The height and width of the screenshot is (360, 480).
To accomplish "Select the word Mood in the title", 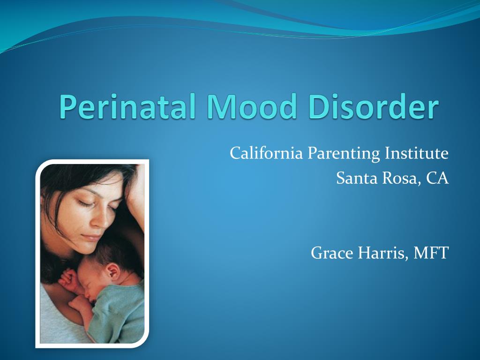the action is [252, 106].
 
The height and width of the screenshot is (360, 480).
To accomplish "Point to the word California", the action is [266, 153].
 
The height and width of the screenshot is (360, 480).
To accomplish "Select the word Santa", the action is [357, 178].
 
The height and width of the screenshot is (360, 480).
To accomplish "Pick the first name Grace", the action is [332, 253].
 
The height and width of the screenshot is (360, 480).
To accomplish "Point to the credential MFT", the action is [431, 253].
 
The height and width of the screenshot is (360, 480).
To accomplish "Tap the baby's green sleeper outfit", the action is [120, 315].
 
